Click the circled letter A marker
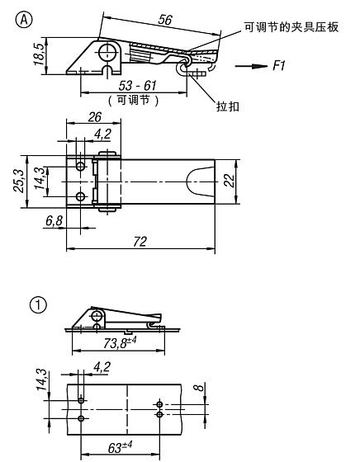click(24, 20)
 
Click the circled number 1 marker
click(38, 304)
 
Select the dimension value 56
click(165, 20)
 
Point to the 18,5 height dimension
click(39, 54)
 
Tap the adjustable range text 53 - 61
click(137, 86)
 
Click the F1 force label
click(278, 65)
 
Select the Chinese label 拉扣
click(228, 106)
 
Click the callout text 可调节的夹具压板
click(291, 27)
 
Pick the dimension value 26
click(95, 117)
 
